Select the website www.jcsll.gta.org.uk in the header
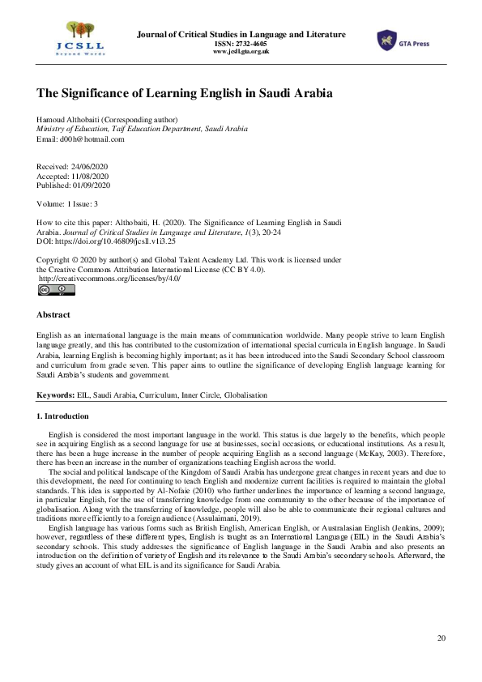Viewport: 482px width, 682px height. [241, 52]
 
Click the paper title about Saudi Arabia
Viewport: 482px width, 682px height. [184, 94]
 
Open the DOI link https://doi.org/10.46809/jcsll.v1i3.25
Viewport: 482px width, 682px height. [113, 241]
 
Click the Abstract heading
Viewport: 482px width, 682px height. [53, 314]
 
